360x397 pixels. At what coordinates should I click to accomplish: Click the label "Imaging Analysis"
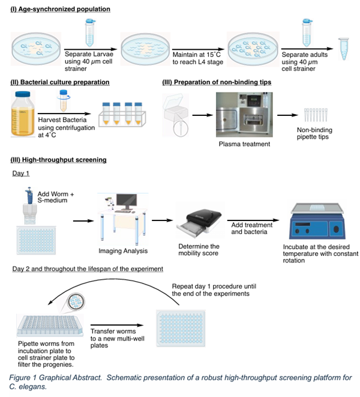click(122, 250)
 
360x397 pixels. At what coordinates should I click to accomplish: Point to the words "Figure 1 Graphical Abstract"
click(50, 378)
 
